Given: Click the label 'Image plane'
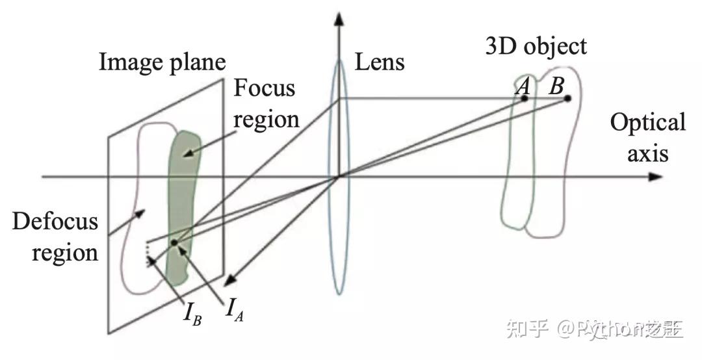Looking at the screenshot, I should tap(162, 62).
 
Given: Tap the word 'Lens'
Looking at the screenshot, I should tap(380, 62).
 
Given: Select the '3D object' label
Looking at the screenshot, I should tap(536, 46).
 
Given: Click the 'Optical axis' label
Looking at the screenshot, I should tap(647, 137).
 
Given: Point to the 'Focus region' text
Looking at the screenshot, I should tap(265, 103).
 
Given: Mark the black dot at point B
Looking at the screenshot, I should tap(567, 99).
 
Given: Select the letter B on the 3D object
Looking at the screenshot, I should tap(556, 86).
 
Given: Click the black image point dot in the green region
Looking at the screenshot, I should tap(174, 243).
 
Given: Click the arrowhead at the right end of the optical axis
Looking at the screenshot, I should tap(655, 177).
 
